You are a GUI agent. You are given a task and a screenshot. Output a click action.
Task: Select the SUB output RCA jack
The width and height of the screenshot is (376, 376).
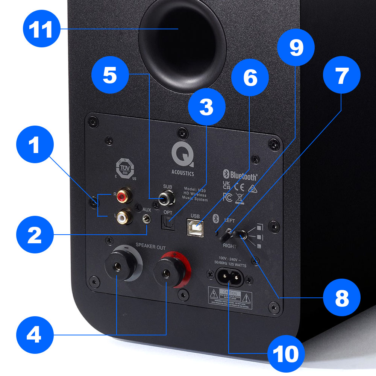(166, 199)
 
